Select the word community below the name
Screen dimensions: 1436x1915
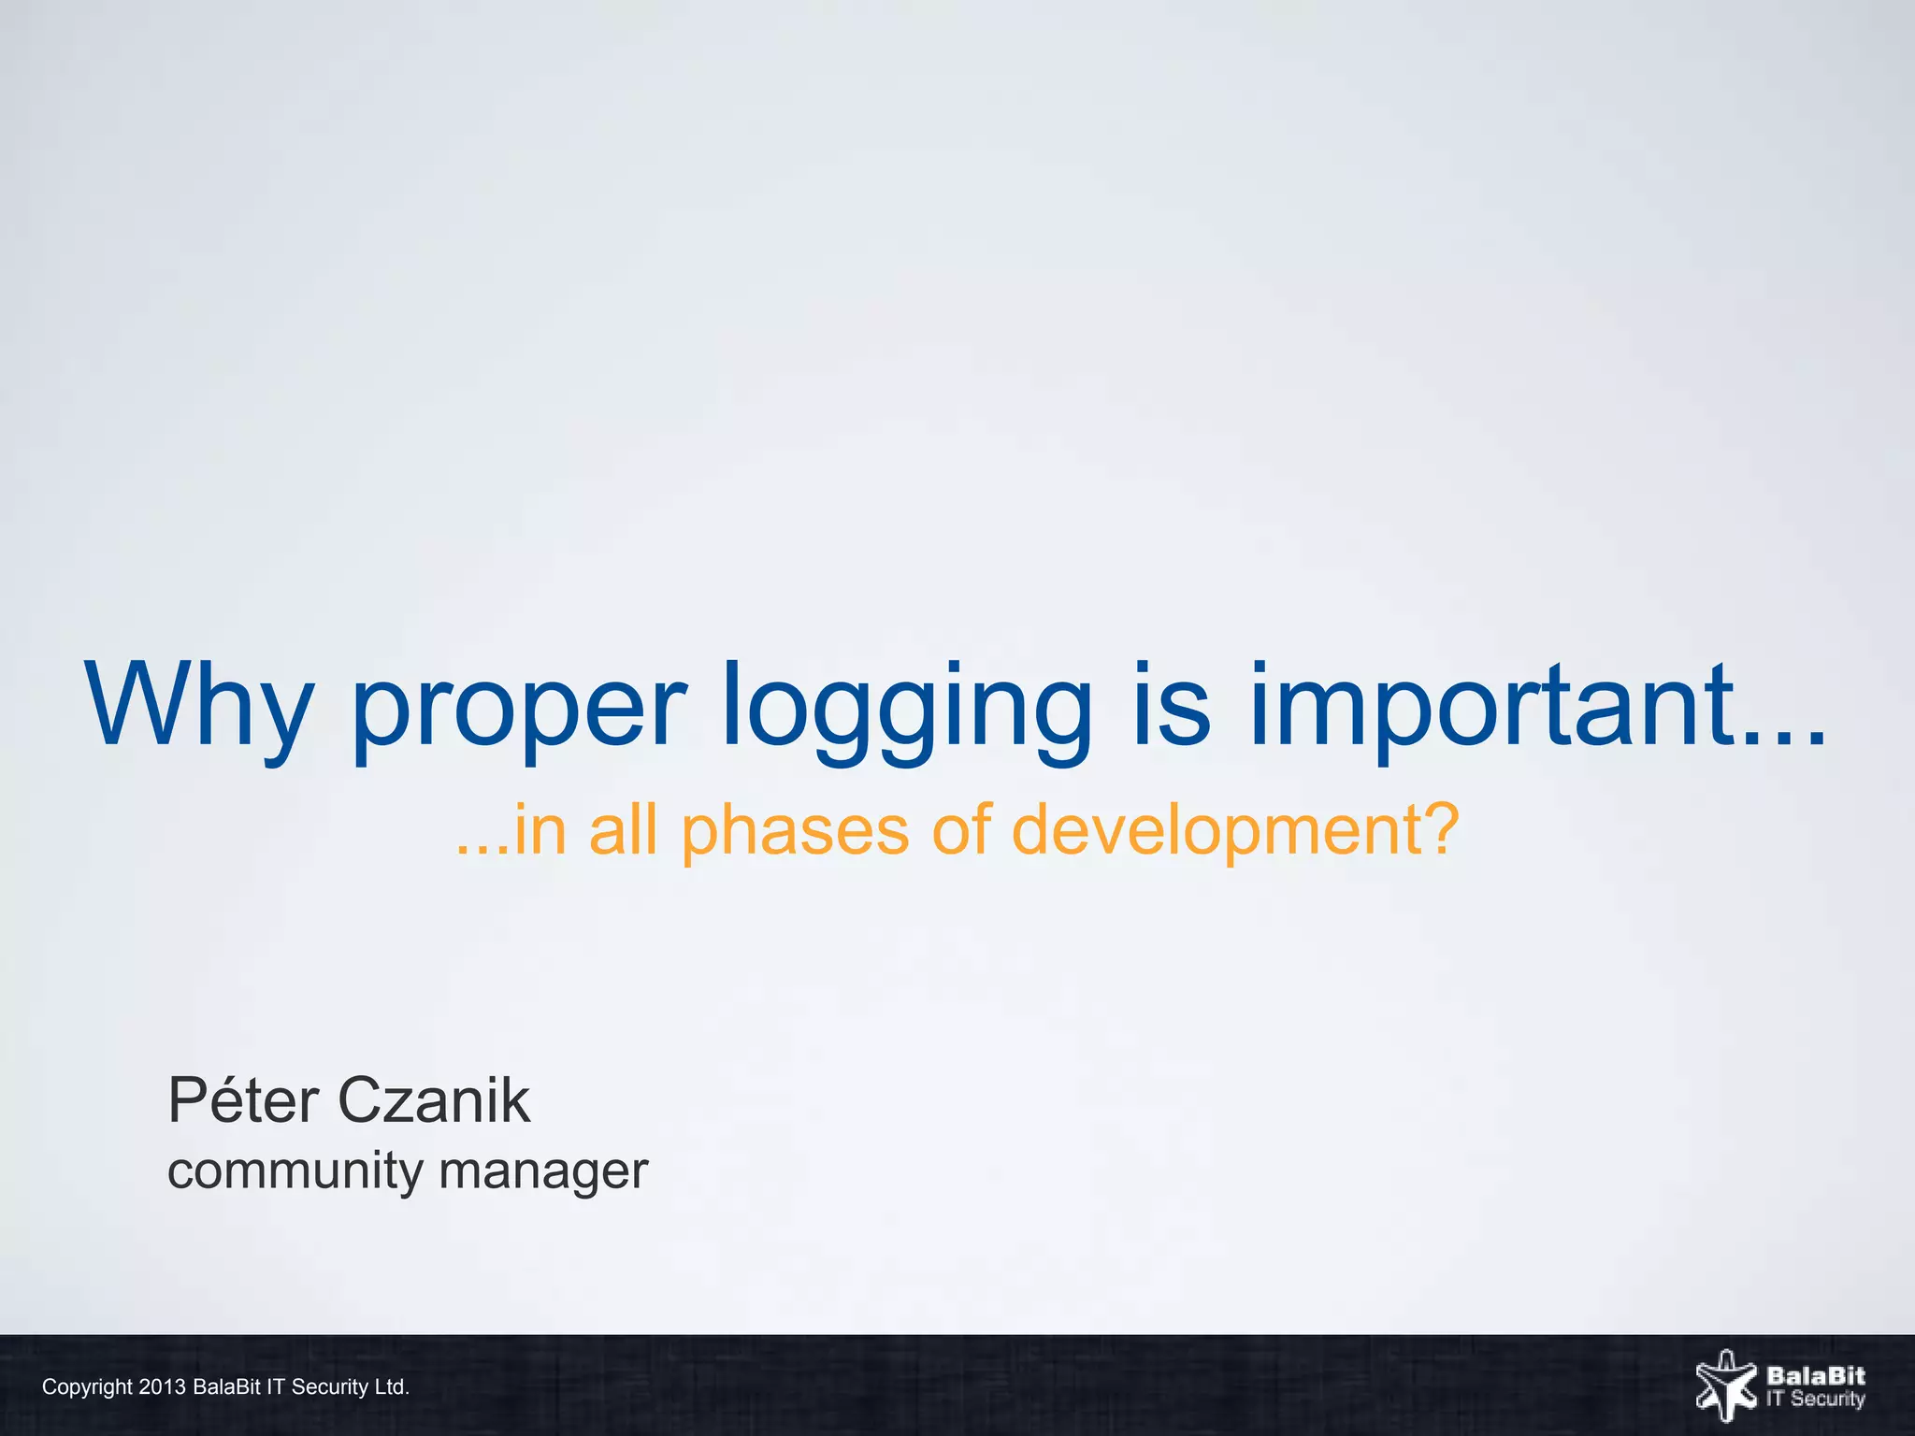pyautogui.click(x=295, y=1170)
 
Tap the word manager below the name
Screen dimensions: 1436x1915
pyautogui.click(x=543, y=1170)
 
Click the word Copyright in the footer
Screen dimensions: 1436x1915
pyautogui.click(x=87, y=1386)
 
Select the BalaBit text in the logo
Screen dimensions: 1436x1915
pyautogui.click(x=1815, y=1375)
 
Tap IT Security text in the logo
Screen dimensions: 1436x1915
pyautogui.click(x=1815, y=1400)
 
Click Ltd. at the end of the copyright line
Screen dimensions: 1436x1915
pyautogui.click(x=392, y=1386)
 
